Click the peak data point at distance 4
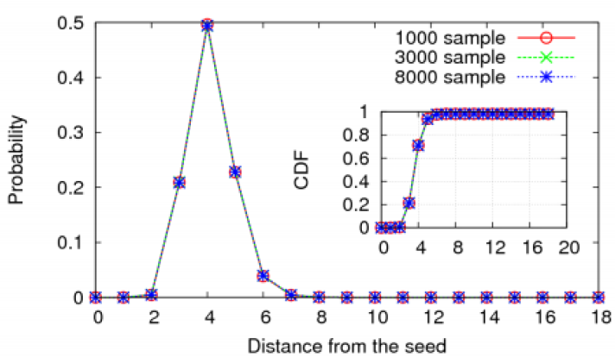click(x=207, y=26)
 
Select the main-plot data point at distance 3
click(x=180, y=183)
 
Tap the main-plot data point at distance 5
click(x=235, y=172)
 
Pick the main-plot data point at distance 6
click(x=263, y=276)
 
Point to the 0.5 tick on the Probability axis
click(x=72, y=23)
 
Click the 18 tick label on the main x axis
click(x=599, y=316)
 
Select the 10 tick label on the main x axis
click(x=375, y=316)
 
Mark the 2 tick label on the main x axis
click(x=152, y=316)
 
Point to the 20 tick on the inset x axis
click(x=566, y=247)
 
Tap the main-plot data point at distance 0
click(x=96, y=297)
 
